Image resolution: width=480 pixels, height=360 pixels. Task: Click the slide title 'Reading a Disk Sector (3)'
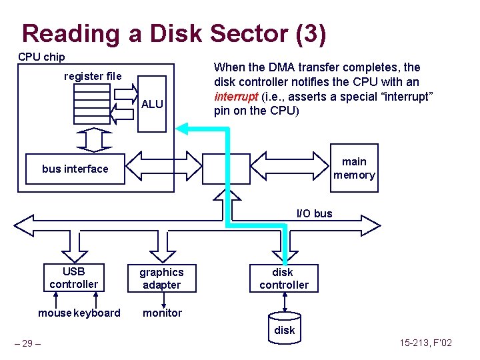click(x=174, y=33)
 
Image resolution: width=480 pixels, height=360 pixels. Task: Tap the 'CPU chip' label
click(x=41, y=57)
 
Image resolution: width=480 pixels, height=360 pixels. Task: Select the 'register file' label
click(x=93, y=76)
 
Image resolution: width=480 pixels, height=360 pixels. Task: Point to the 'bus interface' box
click(x=75, y=169)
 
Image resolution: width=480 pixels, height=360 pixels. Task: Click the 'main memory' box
click(x=354, y=168)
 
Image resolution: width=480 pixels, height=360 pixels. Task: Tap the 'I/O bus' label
click(x=314, y=213)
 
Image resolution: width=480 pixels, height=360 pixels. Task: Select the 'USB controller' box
click(x=73, y=278)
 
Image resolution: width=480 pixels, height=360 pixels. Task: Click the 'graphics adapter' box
click(x=161, y=278)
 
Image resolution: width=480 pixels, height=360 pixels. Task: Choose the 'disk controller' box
click(x=284, y=278)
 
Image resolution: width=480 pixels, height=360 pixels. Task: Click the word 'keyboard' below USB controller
click(x=99, y=313)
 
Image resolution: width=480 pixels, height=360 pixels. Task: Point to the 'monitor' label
click(x=162, y=313)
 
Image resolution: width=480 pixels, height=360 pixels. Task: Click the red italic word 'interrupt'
click(x=233, y=96)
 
